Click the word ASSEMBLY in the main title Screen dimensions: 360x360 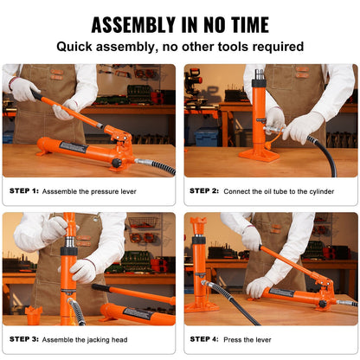(132, 24)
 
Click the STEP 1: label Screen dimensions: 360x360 (24, 190)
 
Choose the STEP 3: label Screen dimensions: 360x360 (24, 338)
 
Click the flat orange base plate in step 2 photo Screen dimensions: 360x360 (259, 156)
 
